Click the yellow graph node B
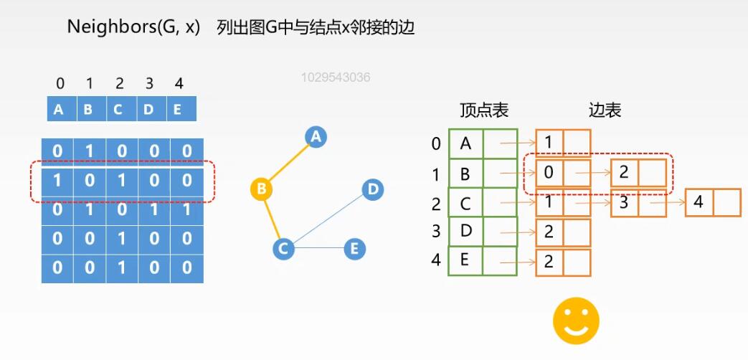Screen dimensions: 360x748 (x=262, y=189)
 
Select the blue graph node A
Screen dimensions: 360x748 (x=316, y=136)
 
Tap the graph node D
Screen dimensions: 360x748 (x=372, y=189)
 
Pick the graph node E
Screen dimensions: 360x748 (x=354, y=249)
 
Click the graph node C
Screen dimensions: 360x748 (x=284, y=249)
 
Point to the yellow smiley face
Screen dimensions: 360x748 (x=576, y=321)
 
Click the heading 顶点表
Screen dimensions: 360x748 (x=484, y=110)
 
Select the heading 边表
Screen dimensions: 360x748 (x=605, y=110)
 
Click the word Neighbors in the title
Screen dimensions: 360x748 (x=103, y=27)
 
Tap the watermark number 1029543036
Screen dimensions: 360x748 (x=336, y=77)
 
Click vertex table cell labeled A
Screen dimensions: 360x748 (x=465, y=143)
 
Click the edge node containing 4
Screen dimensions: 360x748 (x=699, y=202)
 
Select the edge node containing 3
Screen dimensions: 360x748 (x=625, y=202)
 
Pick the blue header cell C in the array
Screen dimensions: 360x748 (x=118, y=110)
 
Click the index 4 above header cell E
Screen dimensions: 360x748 (x=179, y=85)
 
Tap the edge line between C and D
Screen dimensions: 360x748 (x=328, y=219)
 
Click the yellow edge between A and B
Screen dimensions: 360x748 (x=288, y=163)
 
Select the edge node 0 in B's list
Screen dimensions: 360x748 (x=549, y=173)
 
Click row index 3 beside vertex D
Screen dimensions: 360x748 (x=436, y=232)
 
